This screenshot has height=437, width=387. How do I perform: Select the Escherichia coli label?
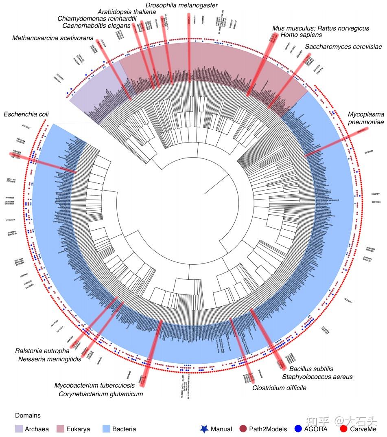pos(26,114)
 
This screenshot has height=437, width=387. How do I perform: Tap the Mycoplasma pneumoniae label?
pos(366,118)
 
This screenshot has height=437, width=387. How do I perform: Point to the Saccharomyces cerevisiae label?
pos(343,47)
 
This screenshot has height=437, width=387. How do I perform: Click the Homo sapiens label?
pos(301,35)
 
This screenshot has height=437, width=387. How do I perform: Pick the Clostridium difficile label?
pos(279,388)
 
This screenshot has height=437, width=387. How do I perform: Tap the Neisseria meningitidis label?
pos(50,359)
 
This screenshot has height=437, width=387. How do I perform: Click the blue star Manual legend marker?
pos(204,429)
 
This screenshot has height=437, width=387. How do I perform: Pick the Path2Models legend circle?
pos(243,429)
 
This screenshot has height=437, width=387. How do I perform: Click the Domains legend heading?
pos(28,416)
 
